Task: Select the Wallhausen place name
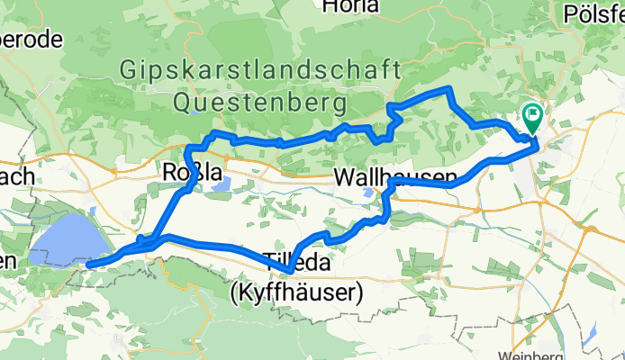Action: coord(394,177)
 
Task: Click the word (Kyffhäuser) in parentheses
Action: coord(296,292)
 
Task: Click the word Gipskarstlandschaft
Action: coord(261,69)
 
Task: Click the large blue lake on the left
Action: coord(63,243)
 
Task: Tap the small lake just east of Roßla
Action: coord(224,184)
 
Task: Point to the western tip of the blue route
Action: coord(89,265)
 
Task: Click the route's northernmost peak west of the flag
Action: coord(448,88)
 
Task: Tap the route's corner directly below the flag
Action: coord(537,142)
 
